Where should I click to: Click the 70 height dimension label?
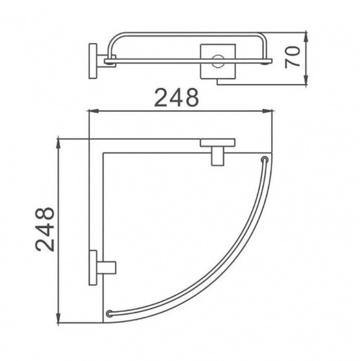(x=292, y=57)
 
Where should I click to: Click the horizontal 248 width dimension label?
(x=177, y=97)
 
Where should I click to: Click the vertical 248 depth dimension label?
(x=45, y=230)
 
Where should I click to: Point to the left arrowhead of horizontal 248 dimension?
(x=95, y=111)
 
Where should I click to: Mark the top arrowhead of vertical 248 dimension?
(x=58, y=144)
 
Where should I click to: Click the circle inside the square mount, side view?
(x=218, y=61)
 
